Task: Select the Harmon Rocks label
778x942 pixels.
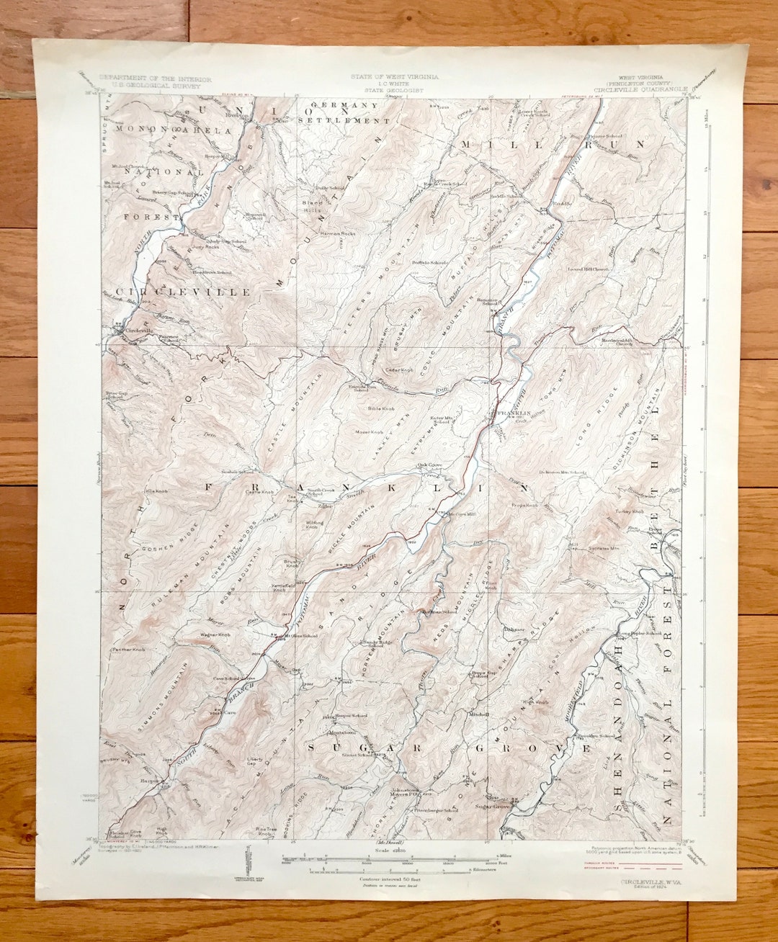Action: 338,233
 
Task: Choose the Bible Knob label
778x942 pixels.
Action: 381,408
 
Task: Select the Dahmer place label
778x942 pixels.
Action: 514,629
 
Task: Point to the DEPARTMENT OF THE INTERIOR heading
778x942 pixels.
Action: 156,78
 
